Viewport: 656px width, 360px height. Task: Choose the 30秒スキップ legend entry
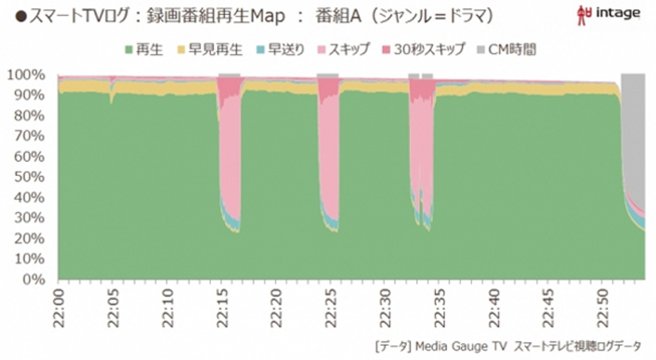tap(423, 50)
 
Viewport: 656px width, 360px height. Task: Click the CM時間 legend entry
tap(506, 50)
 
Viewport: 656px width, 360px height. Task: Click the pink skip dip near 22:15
tap(230, 155)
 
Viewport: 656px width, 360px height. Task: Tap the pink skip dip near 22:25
tap(328, 155)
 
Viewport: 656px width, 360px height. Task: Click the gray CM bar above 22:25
tap(328, 75)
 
